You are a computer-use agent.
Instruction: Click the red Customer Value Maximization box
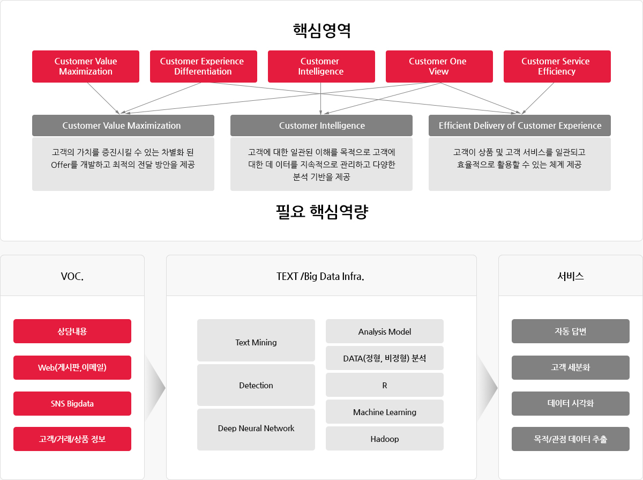tap(86, 67)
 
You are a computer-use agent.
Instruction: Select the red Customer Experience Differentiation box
tap(203, 67)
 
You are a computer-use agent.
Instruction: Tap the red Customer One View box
tap(439, 67)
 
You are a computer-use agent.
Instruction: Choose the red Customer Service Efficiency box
tap(557, 67)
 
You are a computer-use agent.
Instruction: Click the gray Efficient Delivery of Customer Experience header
tap(519, 125)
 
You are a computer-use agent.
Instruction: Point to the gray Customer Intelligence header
tap(322, 125)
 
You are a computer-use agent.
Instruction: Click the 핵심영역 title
tap(322, 31)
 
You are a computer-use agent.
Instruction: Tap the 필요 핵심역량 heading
tap(322, 212)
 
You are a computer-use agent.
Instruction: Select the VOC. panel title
tap(72, 276)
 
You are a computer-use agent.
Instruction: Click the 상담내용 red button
tap(72, 331)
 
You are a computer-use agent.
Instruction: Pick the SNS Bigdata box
tap(72, 403)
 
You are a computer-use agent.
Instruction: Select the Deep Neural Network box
tap(256, 429)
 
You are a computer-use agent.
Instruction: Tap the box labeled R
tap(385, 385)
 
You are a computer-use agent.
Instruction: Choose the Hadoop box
tap(385, 438)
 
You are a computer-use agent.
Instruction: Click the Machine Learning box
tap(385, 412)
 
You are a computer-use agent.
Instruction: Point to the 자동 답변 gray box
tap(570, 331)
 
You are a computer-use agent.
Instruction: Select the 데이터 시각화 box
tap(570, 403)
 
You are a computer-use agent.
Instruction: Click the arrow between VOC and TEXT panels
tap(155, 388)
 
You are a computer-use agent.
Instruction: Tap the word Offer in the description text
tap(61, 165)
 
